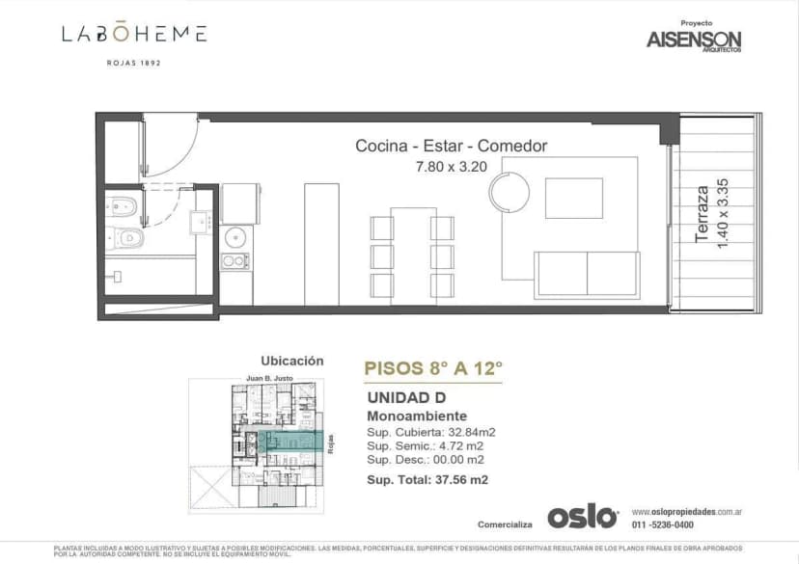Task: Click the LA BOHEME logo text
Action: (x=134, y=35)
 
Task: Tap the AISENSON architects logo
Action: (x=694, y=40)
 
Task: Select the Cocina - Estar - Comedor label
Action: (x=451, y=147)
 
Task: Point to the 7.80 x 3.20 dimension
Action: (x=452, y=166)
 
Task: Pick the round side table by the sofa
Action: (x=509, y=191)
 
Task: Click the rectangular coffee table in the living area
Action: (x=573, y=198)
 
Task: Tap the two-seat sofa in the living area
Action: (x=588, y=274)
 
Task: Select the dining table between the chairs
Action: (x=412, y=254)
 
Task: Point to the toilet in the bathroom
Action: (x=129, y=237)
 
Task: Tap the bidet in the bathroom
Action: (x=122, y=204)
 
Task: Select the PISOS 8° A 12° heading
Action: (x=433, y=367)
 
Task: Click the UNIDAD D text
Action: (x=406, y=398)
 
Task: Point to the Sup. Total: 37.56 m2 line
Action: (x=427, y=479)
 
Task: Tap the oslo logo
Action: (x=583, y=517)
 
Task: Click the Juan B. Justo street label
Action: (x=269, y=379)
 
